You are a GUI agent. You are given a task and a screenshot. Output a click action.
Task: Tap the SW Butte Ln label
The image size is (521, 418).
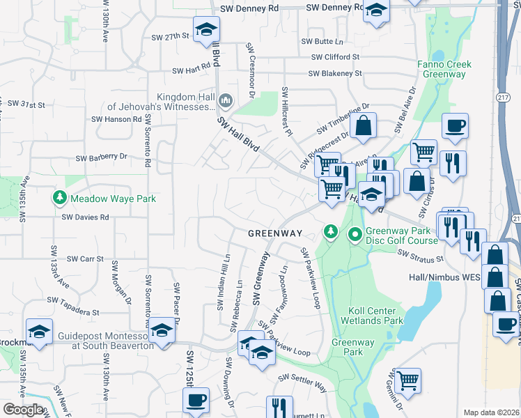click(x=322, y=42)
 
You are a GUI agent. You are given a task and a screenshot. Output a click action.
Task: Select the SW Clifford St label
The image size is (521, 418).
click(x=335, y=57)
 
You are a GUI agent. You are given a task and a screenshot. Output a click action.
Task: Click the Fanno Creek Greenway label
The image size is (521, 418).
click(x=445, y=69)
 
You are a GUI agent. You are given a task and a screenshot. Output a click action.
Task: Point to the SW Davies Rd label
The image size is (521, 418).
click(x=86, y=217)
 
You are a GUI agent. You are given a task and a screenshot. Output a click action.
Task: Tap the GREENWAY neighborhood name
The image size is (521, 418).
click(x=275, y=233)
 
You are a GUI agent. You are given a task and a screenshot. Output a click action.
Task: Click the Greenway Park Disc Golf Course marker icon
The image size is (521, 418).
click(x=355, y=235)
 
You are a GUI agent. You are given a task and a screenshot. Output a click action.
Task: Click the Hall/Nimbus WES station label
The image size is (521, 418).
click(x=443, y=277)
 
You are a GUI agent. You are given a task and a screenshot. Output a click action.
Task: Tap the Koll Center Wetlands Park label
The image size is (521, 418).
click(x=372, y=316)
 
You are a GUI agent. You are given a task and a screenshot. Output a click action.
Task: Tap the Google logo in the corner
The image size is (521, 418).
click(x=23, y=410)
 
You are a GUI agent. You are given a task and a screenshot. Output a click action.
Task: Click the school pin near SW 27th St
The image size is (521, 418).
click(x=205, y=30)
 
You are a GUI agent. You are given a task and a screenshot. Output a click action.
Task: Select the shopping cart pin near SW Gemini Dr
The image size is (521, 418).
click(x=407, y=380)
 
